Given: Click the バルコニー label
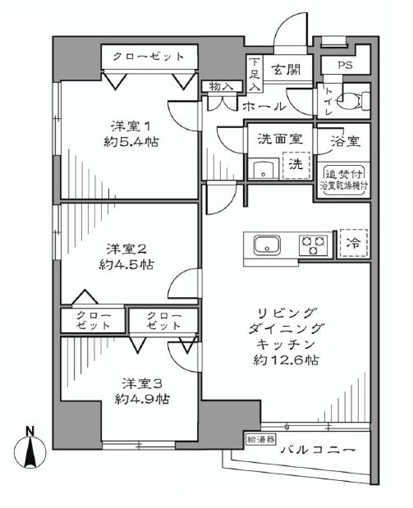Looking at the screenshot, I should click(x=317, y=450).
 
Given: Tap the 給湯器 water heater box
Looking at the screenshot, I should click(x=260, y=441).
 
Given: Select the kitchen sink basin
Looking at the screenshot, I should click(x=268, y=245).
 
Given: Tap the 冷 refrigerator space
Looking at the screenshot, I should click(x=355, y=243).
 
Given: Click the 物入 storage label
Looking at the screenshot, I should click(x=223, y=85).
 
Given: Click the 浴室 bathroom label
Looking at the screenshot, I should click(x=344, y=140).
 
